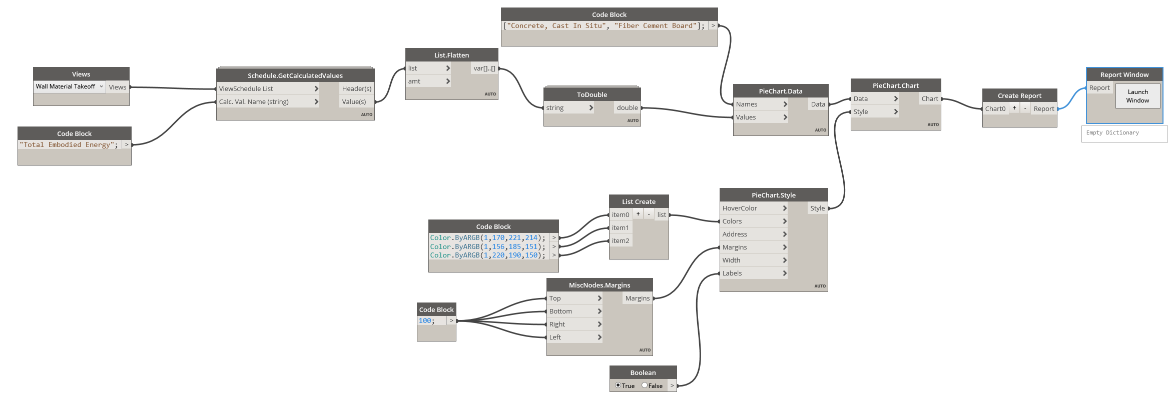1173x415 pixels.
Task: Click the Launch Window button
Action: tap(1137, 96)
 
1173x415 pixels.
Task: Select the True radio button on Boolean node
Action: tap(618, 385)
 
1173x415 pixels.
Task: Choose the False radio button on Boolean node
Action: tap(645, 385)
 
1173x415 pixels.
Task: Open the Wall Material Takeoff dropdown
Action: tap(69, 86)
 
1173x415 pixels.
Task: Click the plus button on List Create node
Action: tap(638, 214)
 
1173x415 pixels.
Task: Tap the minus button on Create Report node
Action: tap(1025, 108)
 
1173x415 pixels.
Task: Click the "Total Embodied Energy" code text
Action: tap(68, 145)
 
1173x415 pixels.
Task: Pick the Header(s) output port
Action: tap(356, 88)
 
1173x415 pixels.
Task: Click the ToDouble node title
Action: tap(592, 94)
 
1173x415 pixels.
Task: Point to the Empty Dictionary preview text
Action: tap(1112, 133)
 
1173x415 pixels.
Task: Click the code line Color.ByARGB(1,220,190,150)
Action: tap(487, 255)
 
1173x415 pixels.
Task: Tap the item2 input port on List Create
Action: tap(621, 240)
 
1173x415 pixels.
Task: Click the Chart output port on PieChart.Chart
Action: tap(930, 98)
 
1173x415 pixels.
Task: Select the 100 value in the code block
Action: tap(425, 321)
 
